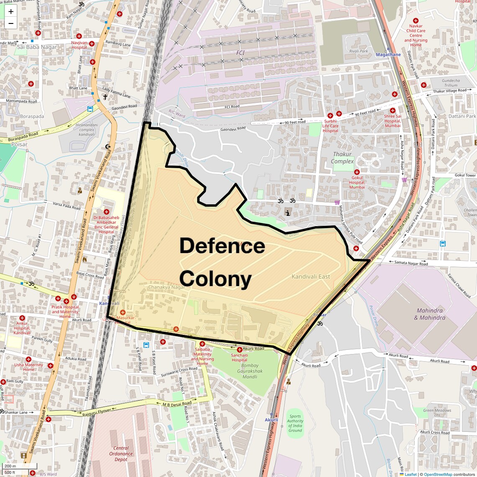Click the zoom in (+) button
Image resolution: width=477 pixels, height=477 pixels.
(x=11, y=12)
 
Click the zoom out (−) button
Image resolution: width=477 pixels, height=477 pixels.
(x=11, y=23)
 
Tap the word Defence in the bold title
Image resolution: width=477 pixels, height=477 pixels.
(x=222, y=246)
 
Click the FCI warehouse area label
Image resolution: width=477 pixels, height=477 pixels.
(x=240, y=53)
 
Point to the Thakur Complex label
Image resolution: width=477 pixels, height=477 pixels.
(x=342, y=158)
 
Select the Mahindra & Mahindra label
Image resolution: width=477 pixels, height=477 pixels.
(x=430, y=314)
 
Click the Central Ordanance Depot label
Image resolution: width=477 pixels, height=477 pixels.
(x=121, y=454)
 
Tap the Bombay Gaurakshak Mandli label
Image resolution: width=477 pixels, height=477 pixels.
(x=250, y=371)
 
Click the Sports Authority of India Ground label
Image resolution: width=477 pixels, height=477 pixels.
(x=295, y=423)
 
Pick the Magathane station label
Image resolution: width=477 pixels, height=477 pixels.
(x=388, y=55)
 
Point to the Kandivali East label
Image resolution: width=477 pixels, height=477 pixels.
(x=311, y=277)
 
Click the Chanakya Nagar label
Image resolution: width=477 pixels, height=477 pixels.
(x=166, y=287)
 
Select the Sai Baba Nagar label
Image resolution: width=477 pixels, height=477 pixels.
(x=37, y=47)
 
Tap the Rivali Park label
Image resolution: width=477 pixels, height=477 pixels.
(x=359, y=51)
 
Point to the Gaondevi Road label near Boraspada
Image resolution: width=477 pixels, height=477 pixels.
(x=124, y=107)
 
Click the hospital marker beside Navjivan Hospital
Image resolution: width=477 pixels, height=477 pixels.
(x=92, y=44)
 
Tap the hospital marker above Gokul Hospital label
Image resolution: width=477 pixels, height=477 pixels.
(x=357, y=172)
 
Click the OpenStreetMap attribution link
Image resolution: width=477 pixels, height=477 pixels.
(x=438, y=474)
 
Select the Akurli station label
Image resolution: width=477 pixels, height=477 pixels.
(x=271, y=420)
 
